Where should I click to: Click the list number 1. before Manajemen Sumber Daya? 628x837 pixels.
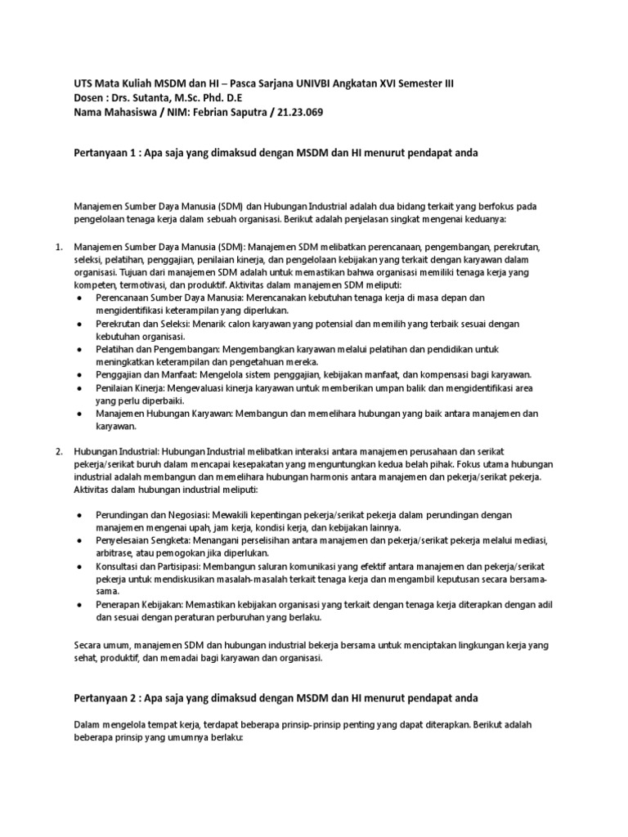[x=59, y=246]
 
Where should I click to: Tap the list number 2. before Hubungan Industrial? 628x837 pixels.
[x=59, y=451]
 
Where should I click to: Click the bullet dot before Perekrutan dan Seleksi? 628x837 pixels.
[x=78, y=325]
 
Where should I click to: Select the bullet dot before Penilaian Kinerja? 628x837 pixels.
[x=78, y=388]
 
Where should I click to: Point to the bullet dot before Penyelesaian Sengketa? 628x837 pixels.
[x=78, y=541]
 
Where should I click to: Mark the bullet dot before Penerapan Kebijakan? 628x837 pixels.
[x=78, y=605]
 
